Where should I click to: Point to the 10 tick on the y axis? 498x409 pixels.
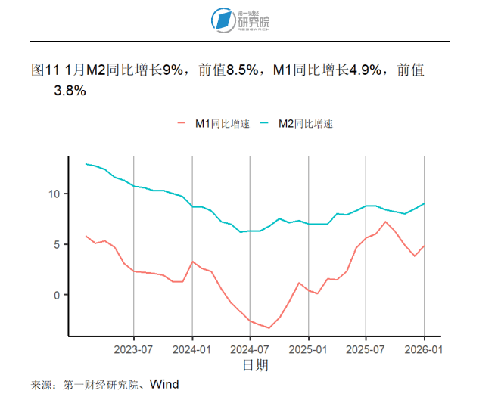54,194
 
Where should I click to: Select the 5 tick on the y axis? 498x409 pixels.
57,245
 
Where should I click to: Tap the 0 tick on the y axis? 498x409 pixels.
57,295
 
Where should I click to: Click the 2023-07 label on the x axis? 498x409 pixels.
134,349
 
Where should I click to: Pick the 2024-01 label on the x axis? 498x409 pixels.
192,349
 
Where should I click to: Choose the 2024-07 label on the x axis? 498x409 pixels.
250,349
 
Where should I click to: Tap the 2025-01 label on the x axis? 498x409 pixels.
308,349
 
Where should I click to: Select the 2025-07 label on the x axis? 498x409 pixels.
366,349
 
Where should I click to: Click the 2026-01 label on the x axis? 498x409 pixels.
424,349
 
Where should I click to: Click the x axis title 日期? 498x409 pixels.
254,366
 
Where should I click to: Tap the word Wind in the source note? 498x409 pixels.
163,385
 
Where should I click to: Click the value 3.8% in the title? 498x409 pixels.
69,91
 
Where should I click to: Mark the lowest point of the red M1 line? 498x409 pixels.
269,328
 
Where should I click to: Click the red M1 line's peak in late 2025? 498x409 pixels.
385,222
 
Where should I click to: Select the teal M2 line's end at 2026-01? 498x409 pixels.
424,203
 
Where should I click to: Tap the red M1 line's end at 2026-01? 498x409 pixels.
424,245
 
